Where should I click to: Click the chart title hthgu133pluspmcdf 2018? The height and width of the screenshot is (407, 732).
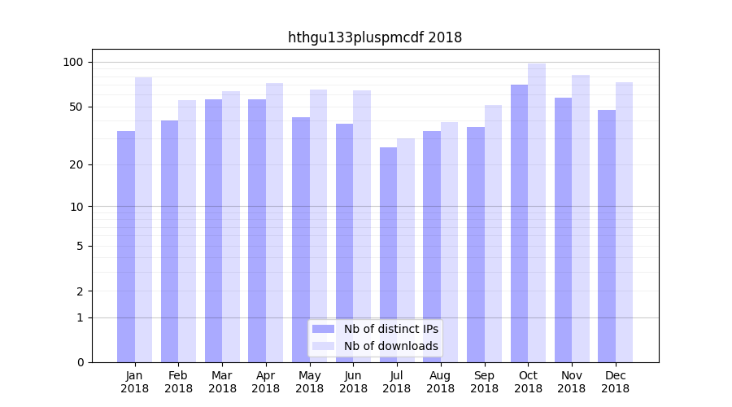coord(375,37)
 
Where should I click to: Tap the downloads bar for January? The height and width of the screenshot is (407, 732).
coord(144,220)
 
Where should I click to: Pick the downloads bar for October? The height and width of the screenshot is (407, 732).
coord(537,212)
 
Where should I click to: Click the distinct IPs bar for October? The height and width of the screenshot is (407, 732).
coord(519,223)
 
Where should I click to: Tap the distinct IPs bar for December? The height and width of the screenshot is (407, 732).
coord(607,236)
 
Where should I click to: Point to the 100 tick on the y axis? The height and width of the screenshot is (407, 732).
coord(73,63)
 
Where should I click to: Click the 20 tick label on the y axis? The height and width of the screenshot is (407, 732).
coord(76,165)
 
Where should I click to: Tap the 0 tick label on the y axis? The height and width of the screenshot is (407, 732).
coord(80,362)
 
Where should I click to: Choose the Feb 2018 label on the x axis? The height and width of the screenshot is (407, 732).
coord(179,382)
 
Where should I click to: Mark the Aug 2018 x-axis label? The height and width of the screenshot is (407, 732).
coord(441,382)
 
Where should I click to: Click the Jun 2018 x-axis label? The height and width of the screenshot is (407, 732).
coord(353,382)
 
